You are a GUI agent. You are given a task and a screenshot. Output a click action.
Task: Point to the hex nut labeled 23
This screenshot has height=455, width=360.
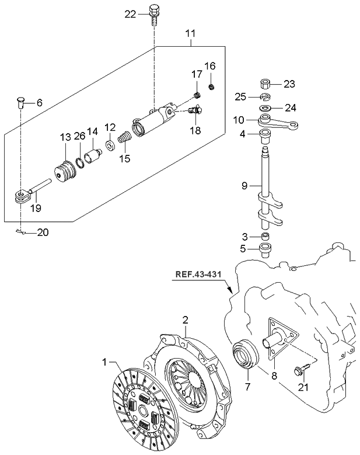[265, 84]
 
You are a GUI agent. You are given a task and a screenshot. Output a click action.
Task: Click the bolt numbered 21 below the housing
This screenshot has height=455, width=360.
[302, 370]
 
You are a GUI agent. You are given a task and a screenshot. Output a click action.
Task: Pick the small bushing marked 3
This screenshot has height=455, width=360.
[265, 236]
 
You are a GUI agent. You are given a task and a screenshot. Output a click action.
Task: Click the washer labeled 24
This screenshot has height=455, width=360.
[265, 108]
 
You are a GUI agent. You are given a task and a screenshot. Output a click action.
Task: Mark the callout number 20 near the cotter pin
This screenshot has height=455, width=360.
[43, 232]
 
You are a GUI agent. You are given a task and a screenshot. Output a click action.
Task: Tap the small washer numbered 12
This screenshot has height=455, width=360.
[109, 143]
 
